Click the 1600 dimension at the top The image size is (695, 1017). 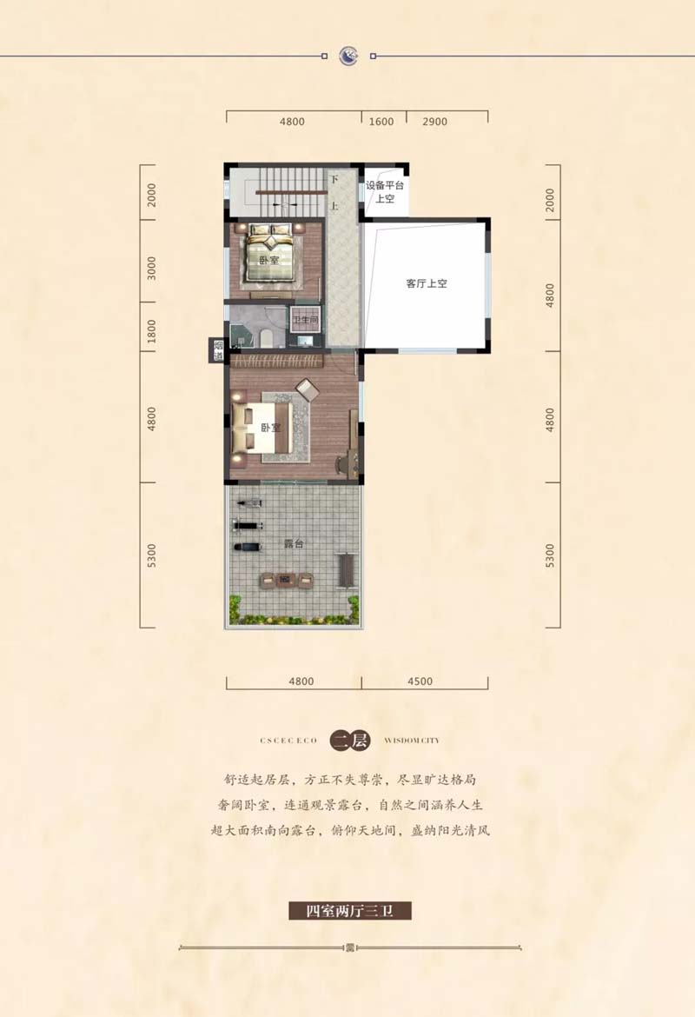381,122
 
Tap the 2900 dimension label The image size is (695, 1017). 434,122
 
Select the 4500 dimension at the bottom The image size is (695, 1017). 420,681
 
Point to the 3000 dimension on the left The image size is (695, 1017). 151,268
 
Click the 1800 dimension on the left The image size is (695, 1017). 151,331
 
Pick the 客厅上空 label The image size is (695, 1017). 427,283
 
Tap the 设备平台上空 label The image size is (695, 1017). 385,192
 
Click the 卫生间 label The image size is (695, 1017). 305,321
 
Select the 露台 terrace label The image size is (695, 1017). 294,543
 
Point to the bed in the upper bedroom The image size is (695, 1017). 270,255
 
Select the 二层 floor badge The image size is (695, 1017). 350,740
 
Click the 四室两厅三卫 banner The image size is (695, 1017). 350,911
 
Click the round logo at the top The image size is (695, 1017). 348,56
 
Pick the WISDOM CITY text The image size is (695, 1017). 412,740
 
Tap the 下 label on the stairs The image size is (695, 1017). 334,180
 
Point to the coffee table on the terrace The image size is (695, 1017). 286,579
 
